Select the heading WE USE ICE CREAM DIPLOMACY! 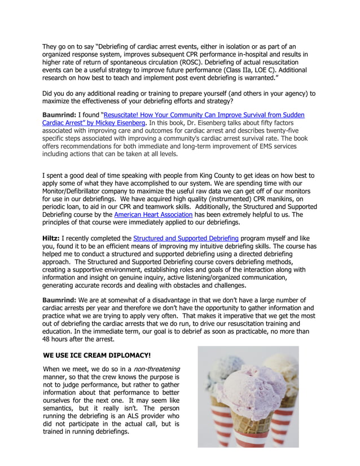[97, 355]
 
